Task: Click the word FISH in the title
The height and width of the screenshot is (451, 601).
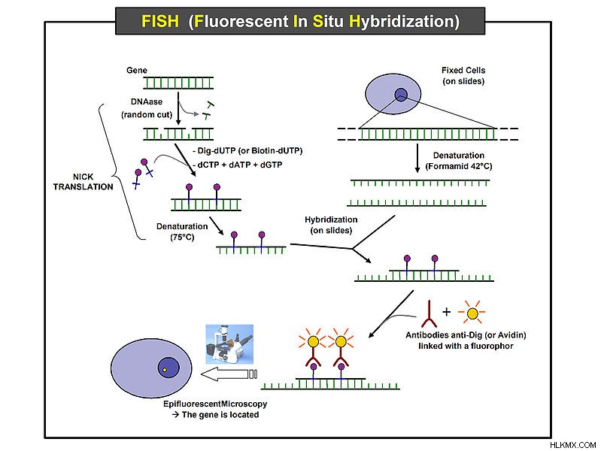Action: tap(160, 21)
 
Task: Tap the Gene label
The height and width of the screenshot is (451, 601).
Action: tap(137, 70)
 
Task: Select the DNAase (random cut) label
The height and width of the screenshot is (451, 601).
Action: tap(147, 108)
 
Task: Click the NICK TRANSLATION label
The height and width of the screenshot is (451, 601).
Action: tap(83, 182)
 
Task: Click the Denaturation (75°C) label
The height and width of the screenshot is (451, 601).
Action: tap(182, 232)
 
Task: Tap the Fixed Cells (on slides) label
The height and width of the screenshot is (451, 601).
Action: tap(463, 75)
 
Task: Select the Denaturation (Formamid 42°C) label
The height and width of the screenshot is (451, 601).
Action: tap(459, 161)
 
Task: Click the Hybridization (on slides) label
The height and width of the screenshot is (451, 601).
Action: tap(331, 225)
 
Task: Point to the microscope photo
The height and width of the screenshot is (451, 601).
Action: tap(229, 344)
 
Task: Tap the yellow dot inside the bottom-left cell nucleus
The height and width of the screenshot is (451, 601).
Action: tap(165, 370)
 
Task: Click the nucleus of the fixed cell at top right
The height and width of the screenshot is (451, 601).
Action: tap(401, 94)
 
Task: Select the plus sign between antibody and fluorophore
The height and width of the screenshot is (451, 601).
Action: tap(446, 312)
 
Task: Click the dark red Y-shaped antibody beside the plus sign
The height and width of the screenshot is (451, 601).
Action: tap(430, 314)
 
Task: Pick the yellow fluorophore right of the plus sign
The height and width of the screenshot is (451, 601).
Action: tap(472, 313)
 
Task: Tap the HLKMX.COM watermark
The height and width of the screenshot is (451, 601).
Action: tap(572, 445)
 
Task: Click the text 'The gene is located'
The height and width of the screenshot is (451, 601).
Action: tap(220, 415)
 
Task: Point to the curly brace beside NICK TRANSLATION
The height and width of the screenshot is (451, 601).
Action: tap(122, 171)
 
